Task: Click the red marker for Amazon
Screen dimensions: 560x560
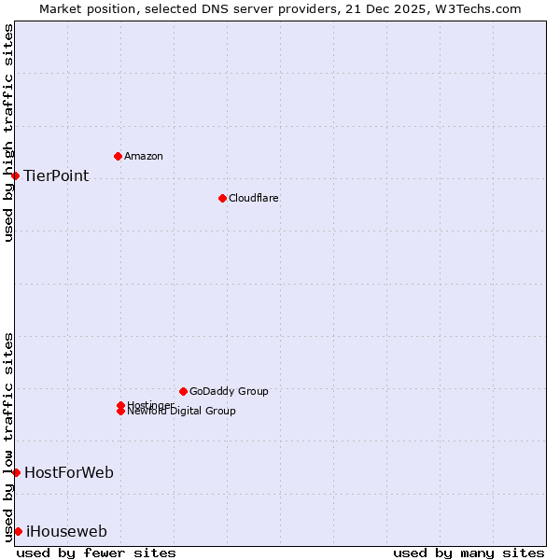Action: click(118, 156)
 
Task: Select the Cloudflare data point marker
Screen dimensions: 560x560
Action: click(222, 198)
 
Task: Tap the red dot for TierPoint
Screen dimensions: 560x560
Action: click(15, 175)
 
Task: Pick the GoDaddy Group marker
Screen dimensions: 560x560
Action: click(183, 391)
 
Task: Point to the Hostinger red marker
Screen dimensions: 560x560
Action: click(120, 405)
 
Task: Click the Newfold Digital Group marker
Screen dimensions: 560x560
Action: click(120, 412)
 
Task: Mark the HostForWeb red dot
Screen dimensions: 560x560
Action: click(16, 472)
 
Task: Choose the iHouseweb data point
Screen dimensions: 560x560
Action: click(18, 531)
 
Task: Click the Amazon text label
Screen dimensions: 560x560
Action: click(144, 156)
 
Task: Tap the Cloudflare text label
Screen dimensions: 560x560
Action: click(254, 198)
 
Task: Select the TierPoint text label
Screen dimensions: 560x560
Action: click(56, 175)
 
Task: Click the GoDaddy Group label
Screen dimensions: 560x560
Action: click(229, 391)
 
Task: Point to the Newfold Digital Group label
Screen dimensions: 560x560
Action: click(182, 412)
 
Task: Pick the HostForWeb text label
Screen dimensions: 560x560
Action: click(69, 472)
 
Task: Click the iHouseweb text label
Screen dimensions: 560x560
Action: click(66, 532)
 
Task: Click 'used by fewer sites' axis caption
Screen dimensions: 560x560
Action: click(96, 553)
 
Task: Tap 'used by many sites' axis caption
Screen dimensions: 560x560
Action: click(469, 553)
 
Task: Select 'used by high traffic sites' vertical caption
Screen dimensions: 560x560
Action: click(8, 133)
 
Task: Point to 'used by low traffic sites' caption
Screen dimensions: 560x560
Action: click(8, 436)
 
